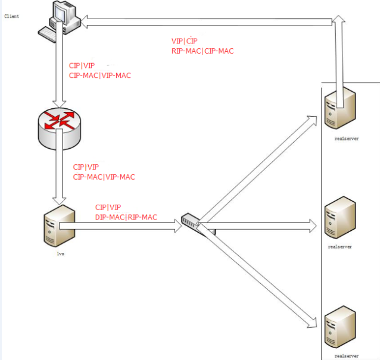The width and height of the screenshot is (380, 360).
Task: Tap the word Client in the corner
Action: click(11, 16)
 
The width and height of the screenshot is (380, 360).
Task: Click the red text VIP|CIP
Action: click(184, 41)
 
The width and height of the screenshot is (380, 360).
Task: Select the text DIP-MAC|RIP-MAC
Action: click(126, 217)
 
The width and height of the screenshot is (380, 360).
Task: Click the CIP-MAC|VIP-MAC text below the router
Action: click(104, 177)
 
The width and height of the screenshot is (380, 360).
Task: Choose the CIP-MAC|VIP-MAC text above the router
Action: click(99, 76)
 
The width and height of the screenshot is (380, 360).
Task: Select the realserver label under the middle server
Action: click(339, 245)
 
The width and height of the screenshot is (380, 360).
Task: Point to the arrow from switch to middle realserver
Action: click(262, 226)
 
